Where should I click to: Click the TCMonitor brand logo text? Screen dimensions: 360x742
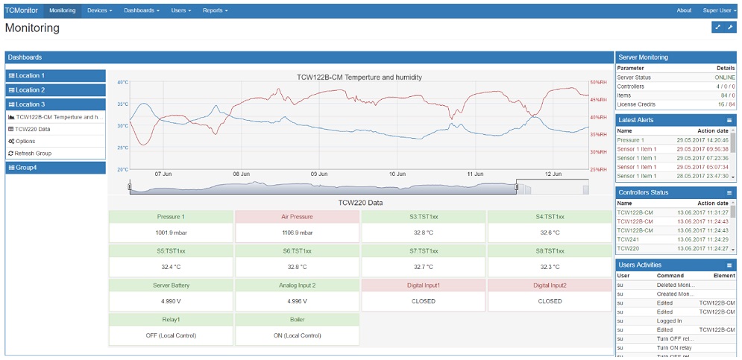tap(22, 10)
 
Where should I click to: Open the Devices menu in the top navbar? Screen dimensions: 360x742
tap(99, 10)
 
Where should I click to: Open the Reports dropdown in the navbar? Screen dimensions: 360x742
tap(215, 10)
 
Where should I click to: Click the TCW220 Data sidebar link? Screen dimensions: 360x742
tap(33, 129)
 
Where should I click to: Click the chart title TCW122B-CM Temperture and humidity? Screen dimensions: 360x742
tap(359, 77)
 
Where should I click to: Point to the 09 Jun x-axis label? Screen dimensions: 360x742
tap(319, 174)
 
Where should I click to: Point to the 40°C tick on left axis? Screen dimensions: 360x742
tap(123, 83)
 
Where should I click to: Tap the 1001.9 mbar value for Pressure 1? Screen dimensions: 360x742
tap(171, 232)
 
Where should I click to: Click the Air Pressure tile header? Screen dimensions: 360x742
tap(297, 217)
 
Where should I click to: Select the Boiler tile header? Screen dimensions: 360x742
tap(297, 320)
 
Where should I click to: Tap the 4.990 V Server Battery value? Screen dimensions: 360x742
tap(171, 301)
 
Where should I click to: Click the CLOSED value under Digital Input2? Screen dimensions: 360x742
tap(550, 301)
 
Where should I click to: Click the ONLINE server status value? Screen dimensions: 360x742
tap(725, 78)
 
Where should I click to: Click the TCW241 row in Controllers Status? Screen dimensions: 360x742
tap(628, 239)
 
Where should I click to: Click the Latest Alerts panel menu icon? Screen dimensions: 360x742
tap(729, 120)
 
